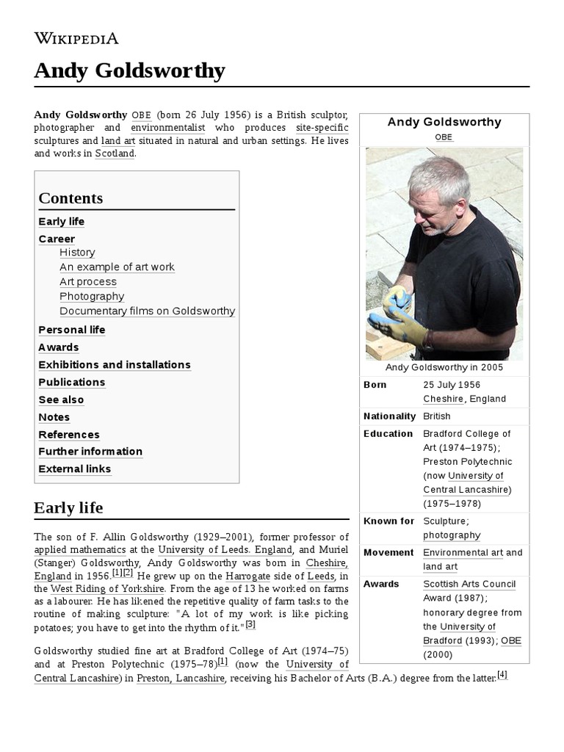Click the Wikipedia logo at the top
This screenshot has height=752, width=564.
point(76,38)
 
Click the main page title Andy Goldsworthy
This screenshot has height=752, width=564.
point(129,71)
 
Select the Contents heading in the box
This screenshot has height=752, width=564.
point(70,198)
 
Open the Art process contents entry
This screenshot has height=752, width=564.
point(88,282)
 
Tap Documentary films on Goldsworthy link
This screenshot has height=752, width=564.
point(147,311)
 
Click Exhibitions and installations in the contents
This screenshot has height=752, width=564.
point(115,365)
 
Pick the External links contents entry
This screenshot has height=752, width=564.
point(75,469)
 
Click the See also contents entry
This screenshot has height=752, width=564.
point(61,400)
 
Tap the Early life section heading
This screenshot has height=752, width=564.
point(68,507)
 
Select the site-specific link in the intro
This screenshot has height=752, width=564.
point(322,128)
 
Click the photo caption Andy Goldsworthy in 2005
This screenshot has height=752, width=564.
point(444,367)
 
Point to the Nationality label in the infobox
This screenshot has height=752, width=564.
point(389,416)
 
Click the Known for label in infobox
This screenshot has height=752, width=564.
point(388,521)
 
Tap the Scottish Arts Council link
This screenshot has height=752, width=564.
point(469,585)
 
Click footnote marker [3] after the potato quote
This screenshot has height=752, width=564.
point(250,624)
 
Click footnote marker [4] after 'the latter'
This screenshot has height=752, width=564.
point(502,675)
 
